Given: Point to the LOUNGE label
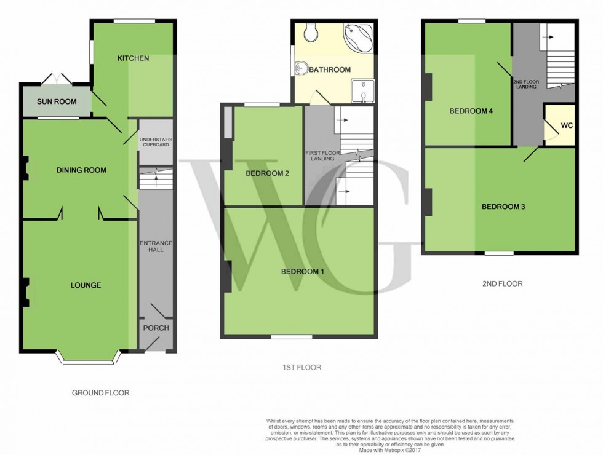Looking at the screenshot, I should (86, 285).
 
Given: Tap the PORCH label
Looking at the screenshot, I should (156, 328).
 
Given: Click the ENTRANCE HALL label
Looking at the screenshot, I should (156, 247).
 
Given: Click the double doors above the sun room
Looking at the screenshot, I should (56, 79).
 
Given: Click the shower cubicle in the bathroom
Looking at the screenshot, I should (363, 91).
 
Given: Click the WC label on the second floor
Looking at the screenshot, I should (567, 125).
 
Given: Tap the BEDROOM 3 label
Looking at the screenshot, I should (503, 207).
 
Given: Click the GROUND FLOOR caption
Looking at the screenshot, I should (100, 393).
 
